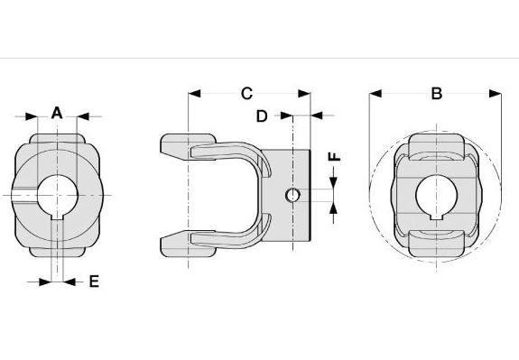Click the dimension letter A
pos(57,113)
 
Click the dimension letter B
pos(437,93)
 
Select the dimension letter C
pos(247,93)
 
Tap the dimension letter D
pos(262,116)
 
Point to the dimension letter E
pos(95,282)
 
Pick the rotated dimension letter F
pos(334,156)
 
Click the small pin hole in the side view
pos(292,195)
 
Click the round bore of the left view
pos(57,195)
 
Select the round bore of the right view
pos(437,195)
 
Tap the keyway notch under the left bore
pos(57,217)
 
